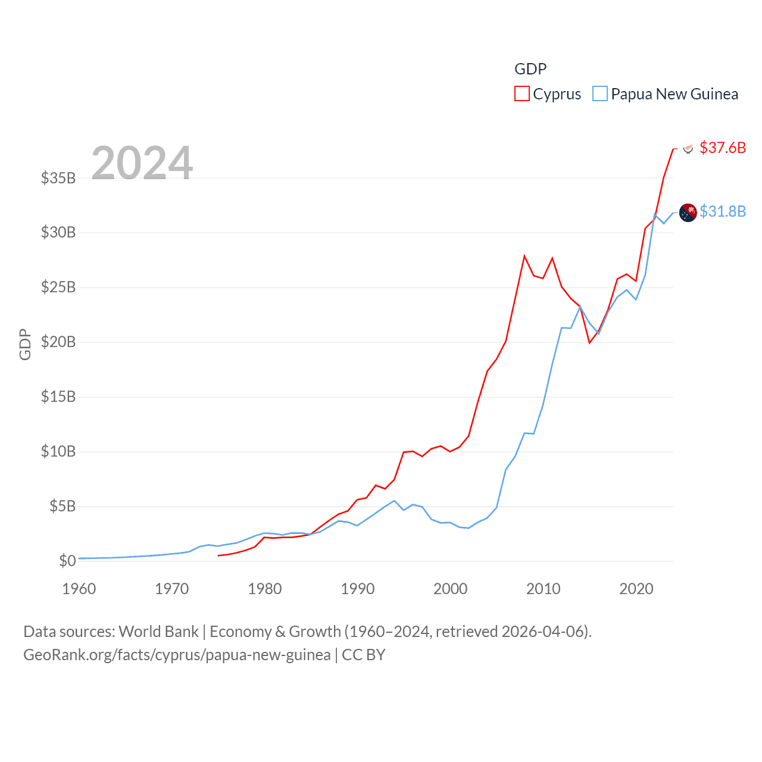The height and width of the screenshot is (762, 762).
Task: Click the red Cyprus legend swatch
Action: pyautogui.click(x=522, y=94)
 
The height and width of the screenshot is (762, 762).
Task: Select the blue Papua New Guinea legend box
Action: pyautogui.click(x=600, y=94)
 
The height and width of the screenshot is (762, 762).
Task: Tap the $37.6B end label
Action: pyautogui.click(x=723, y=148)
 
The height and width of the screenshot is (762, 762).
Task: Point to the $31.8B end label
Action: pyautogui.click(x=723, y=211)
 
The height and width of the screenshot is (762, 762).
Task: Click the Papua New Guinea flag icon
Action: pyautogui.click(x=688, y=213)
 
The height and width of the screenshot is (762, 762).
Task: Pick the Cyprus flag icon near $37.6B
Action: pyautogui.click(x=688, y=148)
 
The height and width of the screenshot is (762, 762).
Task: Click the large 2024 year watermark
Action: pyautogui.click(x=142, y=163)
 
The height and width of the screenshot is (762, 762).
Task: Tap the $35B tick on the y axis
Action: pyautogui.click(x=58, y=178)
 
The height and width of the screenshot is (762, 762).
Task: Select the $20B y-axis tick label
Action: pyautogui.click(x=58, y=342)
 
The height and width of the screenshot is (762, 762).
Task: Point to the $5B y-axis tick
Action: pyautogui.click(x=63, y=507)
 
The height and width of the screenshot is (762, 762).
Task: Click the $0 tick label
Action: pyautogui.click(x=67, y=561)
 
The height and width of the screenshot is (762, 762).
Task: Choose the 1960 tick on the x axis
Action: pyautogui.click(x=79, y=589)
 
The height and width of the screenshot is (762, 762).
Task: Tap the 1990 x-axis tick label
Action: pyautogui.click(x=358, y=589)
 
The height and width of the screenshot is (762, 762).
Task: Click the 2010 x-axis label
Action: pyautogui.click(x=544, y=589)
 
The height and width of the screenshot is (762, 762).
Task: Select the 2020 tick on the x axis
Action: pyautogui.click(x=636, y=589)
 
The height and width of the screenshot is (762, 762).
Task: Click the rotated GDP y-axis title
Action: pyautogui.click(x=25, y=344)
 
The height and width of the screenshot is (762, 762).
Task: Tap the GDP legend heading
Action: pyautogui.click(x=530, y=69)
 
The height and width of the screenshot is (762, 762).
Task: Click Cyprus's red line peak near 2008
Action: pyautogui.click(x=524, y=256)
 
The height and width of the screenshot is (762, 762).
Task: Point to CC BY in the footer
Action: pyautogui.click(x=363, y=655)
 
